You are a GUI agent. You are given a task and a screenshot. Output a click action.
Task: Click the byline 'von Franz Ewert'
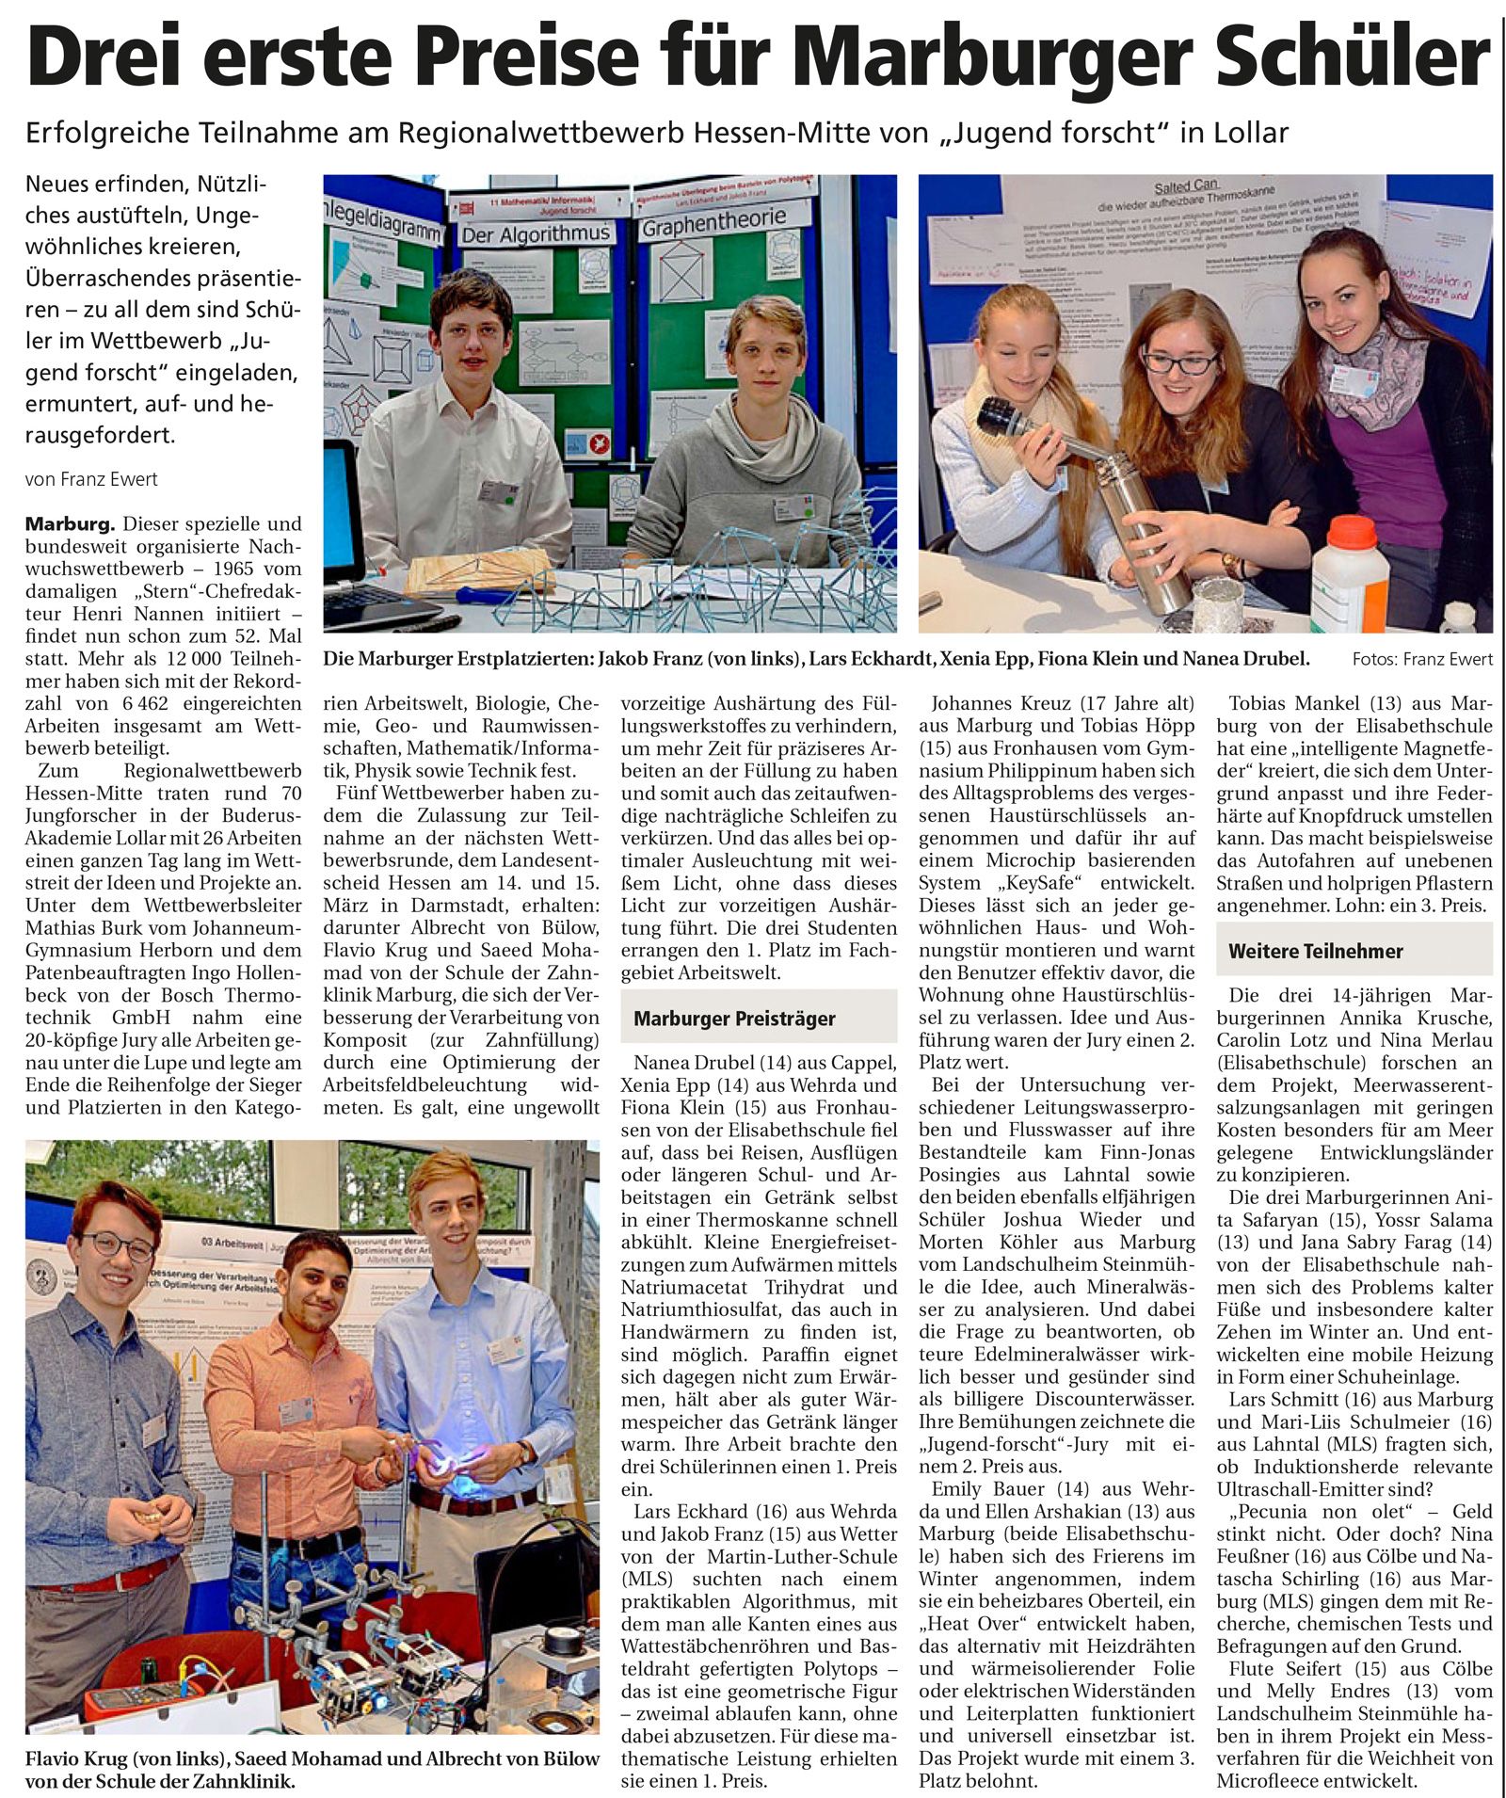click(91, 479)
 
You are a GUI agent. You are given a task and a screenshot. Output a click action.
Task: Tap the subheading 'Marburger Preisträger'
click(734, 1018)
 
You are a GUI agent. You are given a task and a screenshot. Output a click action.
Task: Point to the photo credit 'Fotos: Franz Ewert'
click(1421, 659)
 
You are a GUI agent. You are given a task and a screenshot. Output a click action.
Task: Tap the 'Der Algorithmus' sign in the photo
click(536, 233)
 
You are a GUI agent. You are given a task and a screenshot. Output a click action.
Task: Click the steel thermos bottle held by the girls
click(1148, 527)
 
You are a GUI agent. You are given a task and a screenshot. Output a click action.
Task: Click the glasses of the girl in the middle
click(1178, 361)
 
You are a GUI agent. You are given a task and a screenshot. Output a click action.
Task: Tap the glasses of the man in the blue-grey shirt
click(118, 1245)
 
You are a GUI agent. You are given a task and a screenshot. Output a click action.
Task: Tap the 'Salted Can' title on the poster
click(1187, 186)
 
